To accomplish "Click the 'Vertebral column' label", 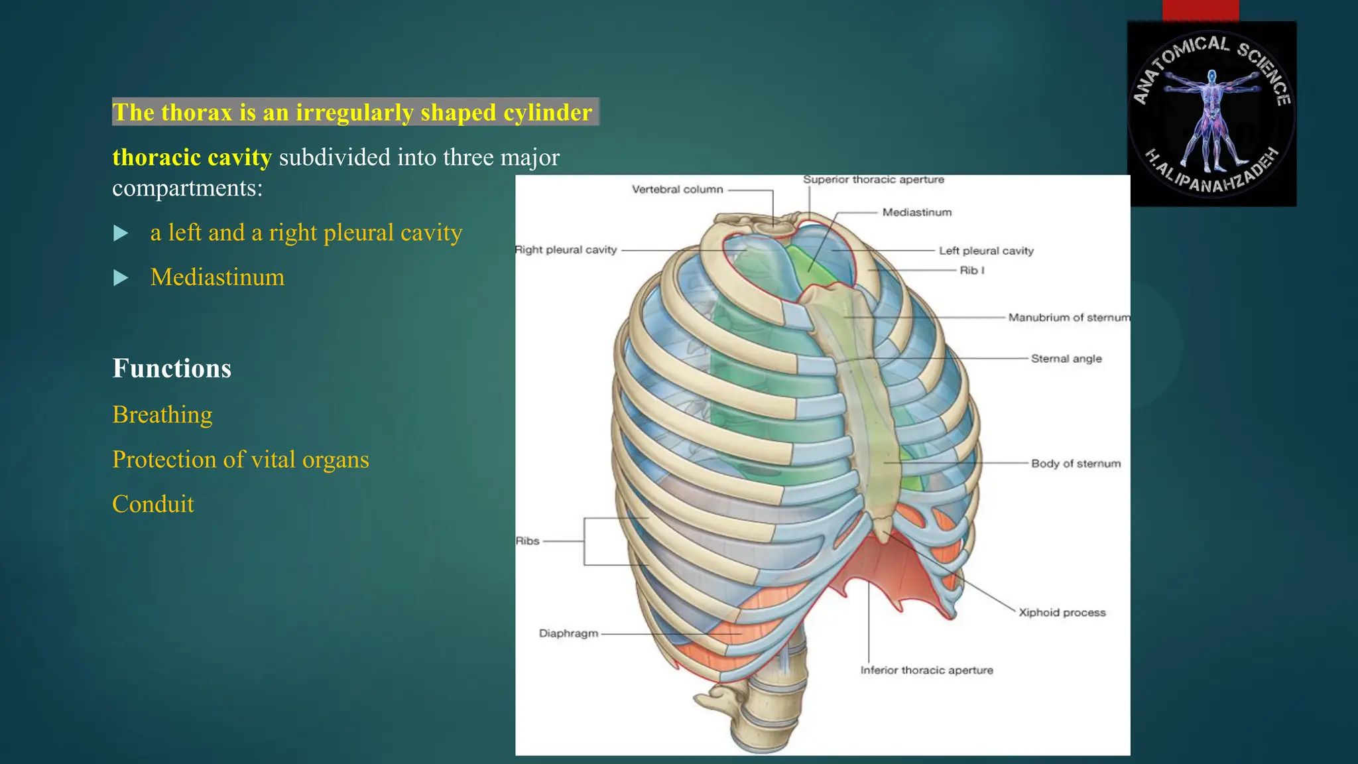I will click(677, 190).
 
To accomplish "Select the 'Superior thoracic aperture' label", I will click(873, 180).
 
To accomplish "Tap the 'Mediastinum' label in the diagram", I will click(916, 212).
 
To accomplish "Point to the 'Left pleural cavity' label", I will click(986, 251).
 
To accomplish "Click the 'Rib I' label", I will click(971, 271).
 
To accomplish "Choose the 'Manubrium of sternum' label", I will click(1068, 318).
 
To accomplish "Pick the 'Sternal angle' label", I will click(1066, 359).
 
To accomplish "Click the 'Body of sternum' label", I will click(1076, 464).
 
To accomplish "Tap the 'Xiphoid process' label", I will click(1062, 613).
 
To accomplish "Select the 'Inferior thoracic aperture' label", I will click(926, 670).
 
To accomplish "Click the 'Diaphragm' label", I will click(568, 633).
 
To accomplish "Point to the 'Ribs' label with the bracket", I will click(528, 541).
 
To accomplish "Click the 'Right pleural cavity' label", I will click(566, 250).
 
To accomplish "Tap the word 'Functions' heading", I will click(172, 369).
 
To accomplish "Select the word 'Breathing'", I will click(162, 414).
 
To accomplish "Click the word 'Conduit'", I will click(153, 504).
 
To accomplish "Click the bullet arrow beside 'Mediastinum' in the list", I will click(121, 278).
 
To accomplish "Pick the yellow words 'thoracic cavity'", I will click(192, 158).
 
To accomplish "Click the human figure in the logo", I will click(1212, 119).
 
